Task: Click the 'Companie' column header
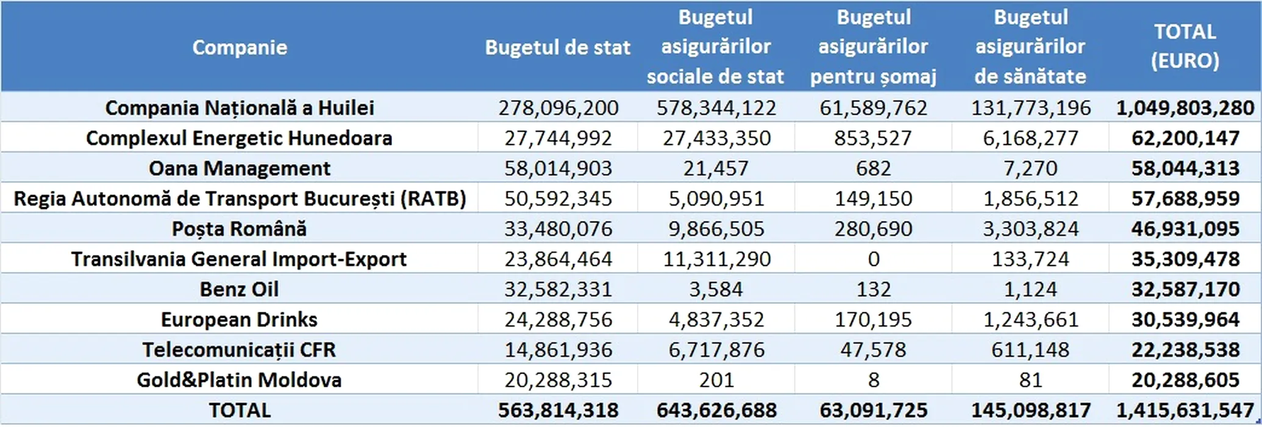tap(240, 48)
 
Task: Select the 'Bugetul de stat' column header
tap(557, 48)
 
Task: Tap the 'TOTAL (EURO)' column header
tap(1185, 46)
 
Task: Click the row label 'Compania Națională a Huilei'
tap(240, 108)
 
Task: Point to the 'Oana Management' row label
tap(240, 168)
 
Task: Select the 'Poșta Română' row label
tap(240, 229)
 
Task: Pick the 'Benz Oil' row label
tap(240, 289)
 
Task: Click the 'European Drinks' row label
tap(240, 320)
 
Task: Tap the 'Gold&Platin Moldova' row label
tap(240, 380)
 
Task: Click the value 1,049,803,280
tap(1185, 108)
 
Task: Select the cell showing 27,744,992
tap(558, 138)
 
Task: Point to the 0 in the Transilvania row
tap(874, 259)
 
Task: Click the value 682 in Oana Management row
tap(874, 168)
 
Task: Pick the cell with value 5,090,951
tap(716, 199)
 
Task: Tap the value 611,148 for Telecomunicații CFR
tap(1030, 350)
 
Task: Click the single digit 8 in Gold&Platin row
tap(874, 380)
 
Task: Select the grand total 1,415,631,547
tap(1185, 410)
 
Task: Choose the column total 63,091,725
tap(874, 410)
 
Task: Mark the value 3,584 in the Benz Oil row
tap(716, 289)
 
